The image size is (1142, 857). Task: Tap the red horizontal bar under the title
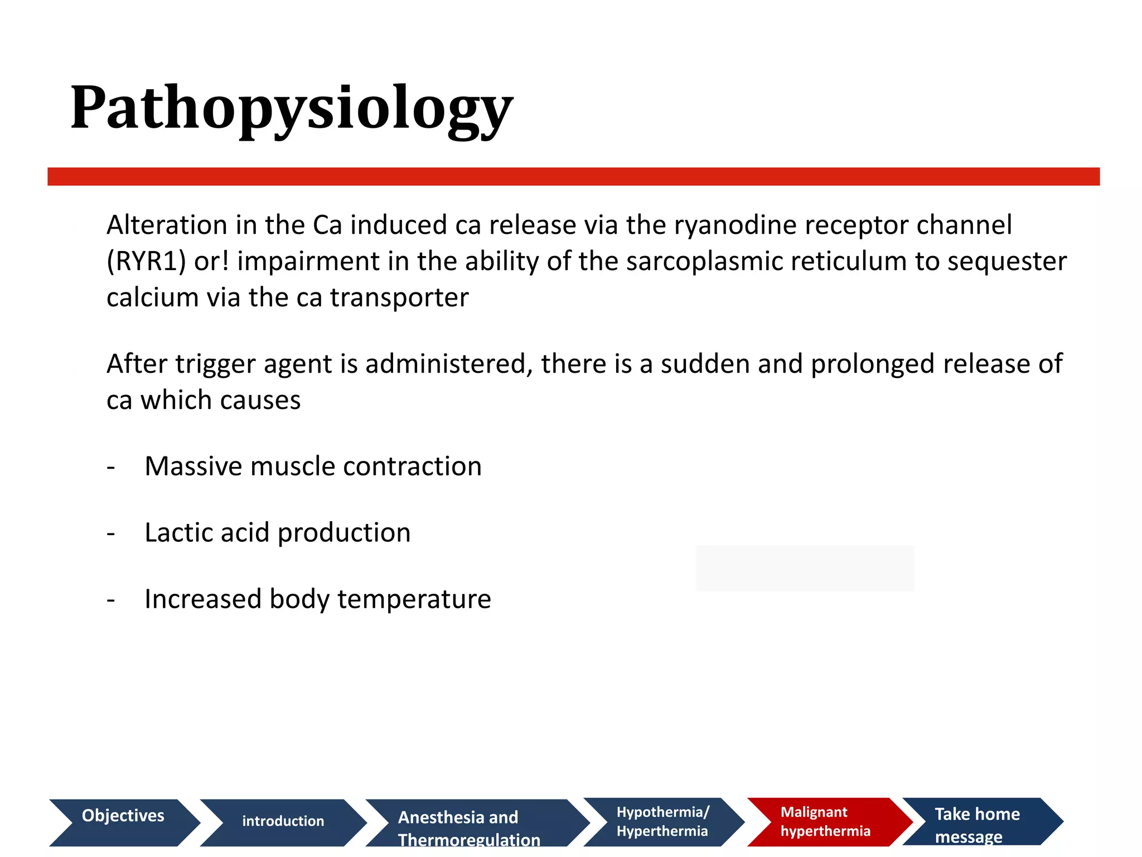[x=573, y=176]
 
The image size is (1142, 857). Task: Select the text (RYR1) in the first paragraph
[x=146, y=262]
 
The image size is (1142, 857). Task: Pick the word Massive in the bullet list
[x=193, y=466]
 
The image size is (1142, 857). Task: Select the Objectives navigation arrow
[x=123, y=822]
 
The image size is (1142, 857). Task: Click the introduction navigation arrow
[x=283, y=822]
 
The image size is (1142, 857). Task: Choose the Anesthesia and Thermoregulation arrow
[x=468, y=823]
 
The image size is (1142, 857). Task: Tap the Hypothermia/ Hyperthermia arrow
[x=662, y=822]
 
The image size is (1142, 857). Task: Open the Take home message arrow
[x=976, y=822]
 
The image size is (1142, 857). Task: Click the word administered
[x=446, y=364]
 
